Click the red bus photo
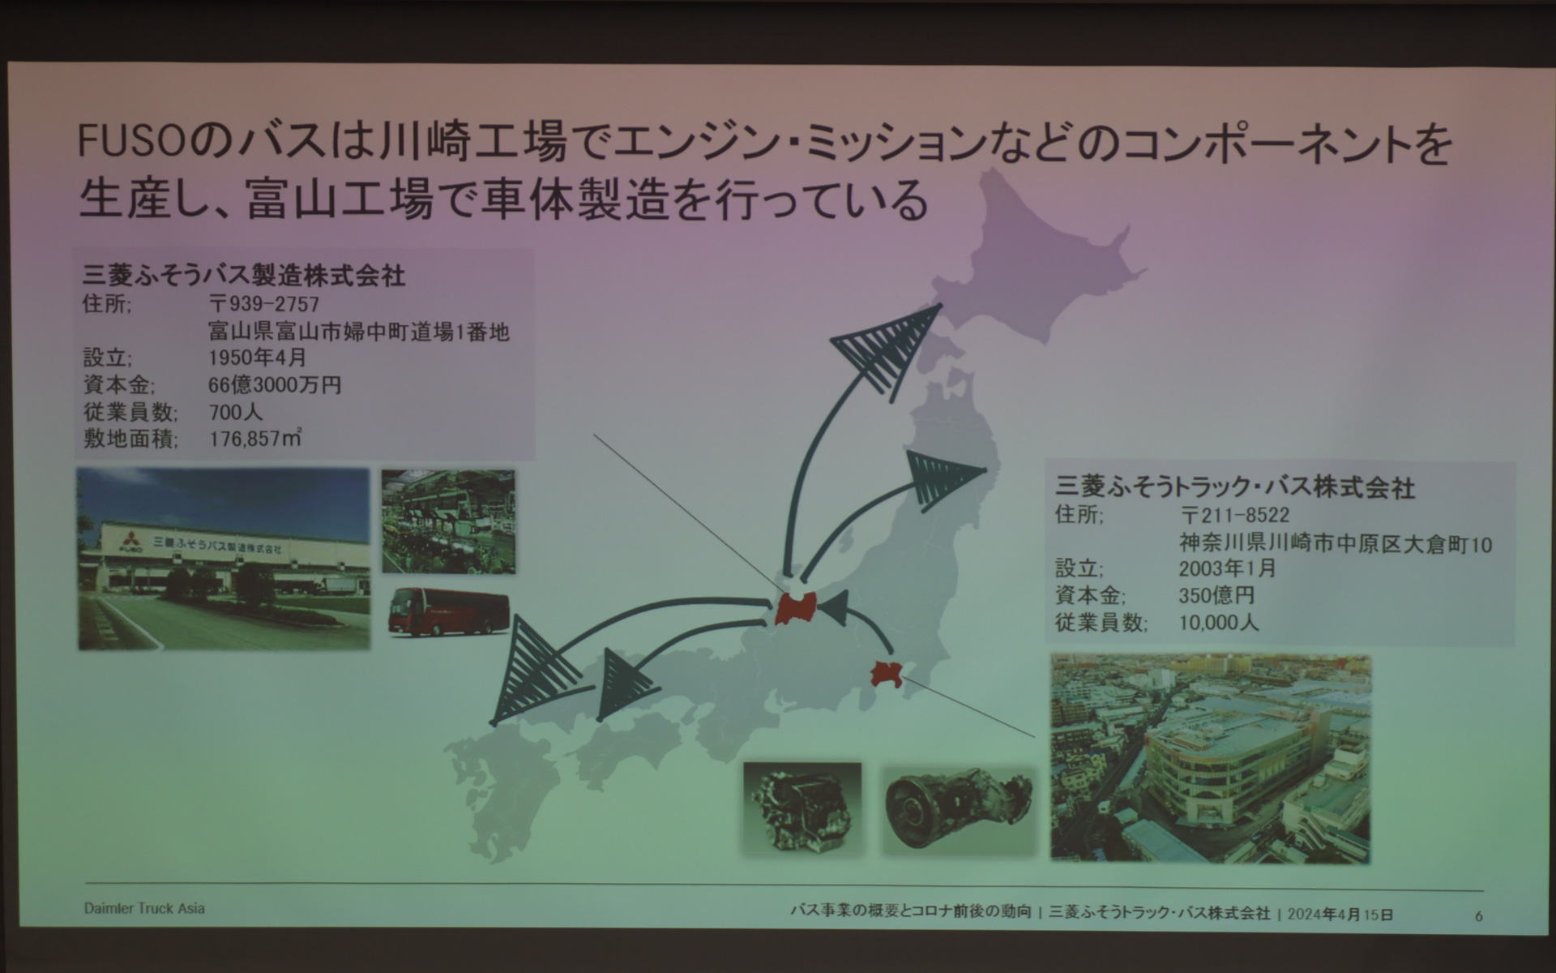click(449, 612)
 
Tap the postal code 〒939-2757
click(264, 304)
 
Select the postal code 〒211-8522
click(1234, 516)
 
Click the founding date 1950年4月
click(258, 358)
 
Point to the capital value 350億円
click(1216, 595)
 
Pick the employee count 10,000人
click(1219, 623)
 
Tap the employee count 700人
click(235, 412)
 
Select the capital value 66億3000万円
click(275, 385)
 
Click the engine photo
click(802, 808)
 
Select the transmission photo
click(959, 808)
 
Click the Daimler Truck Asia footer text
click(144, 908)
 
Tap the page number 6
click(1479, 915)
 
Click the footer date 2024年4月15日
click(1340, 914)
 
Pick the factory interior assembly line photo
click(448, 521)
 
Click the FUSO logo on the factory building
click(130, 543)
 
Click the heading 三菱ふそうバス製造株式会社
click(244, 276)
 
